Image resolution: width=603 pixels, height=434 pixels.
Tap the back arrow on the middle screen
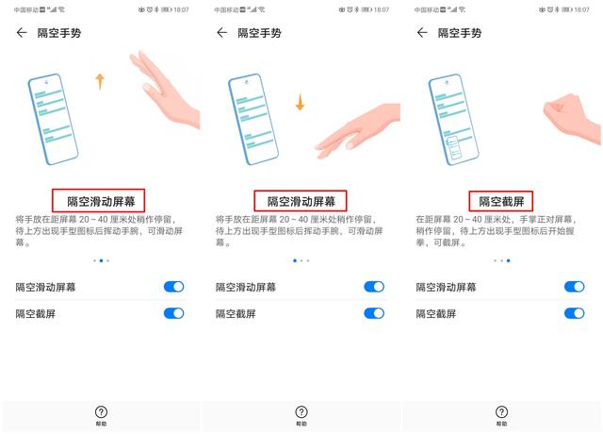click(222, 33)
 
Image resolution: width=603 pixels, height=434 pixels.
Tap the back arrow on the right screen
click(423, 33)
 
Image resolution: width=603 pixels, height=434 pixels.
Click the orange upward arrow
click(100, 82)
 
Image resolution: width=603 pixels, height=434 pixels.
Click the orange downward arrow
click(300, 101)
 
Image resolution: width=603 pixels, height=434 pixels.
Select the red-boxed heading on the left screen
click(99, 201)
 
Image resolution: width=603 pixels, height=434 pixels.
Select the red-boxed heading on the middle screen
click(300, 201)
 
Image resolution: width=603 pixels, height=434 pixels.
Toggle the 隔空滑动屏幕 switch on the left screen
click(173, 287)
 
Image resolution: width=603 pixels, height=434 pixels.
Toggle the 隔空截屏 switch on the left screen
click(173, 313)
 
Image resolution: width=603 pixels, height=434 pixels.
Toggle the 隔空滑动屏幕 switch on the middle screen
click(374, 287)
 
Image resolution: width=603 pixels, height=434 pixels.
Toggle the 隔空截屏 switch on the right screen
click(574, 313)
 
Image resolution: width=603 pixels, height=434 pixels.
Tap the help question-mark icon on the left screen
click(101, 413)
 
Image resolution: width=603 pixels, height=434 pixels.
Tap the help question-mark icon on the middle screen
click(301, 413)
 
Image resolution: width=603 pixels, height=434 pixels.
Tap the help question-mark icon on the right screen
click(502, 413)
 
